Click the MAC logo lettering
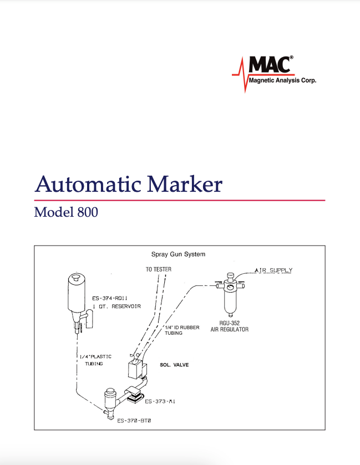(270, 64)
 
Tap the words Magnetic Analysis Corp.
(282, 80)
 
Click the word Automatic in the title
(88, 184)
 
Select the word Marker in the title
(185, 184)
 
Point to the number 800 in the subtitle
(88, 212)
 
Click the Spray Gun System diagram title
(178, 254)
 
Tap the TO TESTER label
(159, 269)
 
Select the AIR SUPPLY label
(273, 270)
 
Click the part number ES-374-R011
(110, 298)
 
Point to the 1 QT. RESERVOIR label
(116, 306)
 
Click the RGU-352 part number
(230, 323)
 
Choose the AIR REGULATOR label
(230, 329)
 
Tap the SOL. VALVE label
(174, 365)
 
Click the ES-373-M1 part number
(160, 401)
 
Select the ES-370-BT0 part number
(134, 421)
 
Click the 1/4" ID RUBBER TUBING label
(182, 330)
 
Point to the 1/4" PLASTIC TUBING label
(95, 360)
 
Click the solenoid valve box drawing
(135, 370)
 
